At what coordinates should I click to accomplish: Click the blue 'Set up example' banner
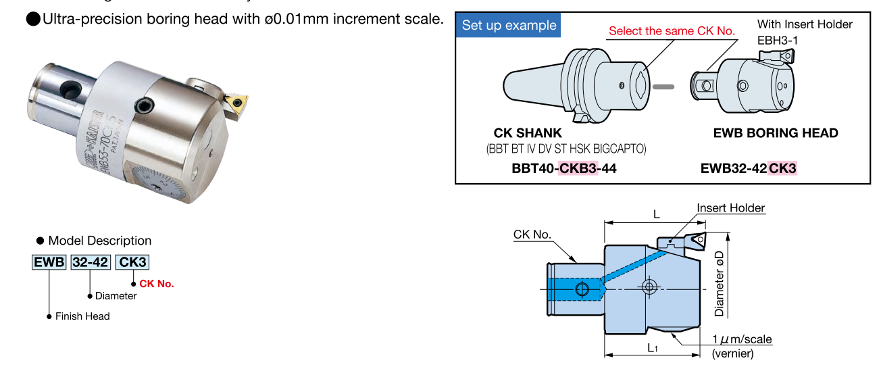coord(509,26)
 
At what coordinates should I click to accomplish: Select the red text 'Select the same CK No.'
coord(672,30)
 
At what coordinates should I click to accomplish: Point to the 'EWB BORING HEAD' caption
coord(776,133)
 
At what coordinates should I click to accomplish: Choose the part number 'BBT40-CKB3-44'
coord(565,168)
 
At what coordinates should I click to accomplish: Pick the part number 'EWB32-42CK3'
coord(749,168)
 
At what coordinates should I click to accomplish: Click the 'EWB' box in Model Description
coord(49,262)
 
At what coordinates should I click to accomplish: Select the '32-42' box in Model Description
coord(91,262)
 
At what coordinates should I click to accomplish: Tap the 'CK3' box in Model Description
coord(133,262)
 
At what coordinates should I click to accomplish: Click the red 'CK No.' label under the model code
coord(156,284)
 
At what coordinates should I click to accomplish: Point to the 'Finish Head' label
coord(82,316)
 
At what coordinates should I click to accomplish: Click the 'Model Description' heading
coord(100,241)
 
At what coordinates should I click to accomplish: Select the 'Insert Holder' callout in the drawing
coord(731,208)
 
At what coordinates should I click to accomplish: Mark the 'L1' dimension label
coord(653,348)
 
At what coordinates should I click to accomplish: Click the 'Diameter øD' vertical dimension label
coord(720,284)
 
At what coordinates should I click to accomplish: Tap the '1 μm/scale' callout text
coord(742,339)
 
